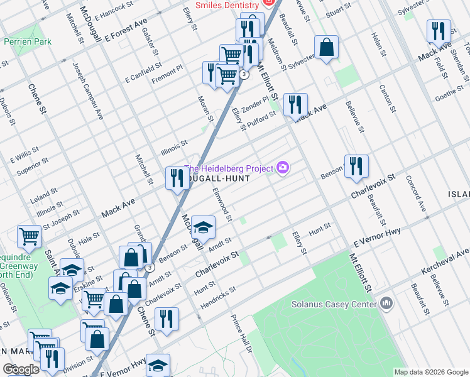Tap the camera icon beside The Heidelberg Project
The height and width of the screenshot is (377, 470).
pyautogui.click(x=283, y=167)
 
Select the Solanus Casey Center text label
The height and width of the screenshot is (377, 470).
pyautogui.click(x=333, y=304)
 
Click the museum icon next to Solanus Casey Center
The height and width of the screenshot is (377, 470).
pyautogui.click(x=386, y=304)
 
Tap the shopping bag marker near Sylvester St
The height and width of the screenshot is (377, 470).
pyautogui.click(x=327, y=47)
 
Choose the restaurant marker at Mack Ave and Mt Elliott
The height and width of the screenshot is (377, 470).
pyautogui.click(x=295, y=104)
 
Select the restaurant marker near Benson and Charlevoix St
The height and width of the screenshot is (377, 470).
pyautogui.click(x=356, y=166)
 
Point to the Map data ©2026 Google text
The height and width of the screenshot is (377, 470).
pyautogui.click(x=431, y=372)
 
